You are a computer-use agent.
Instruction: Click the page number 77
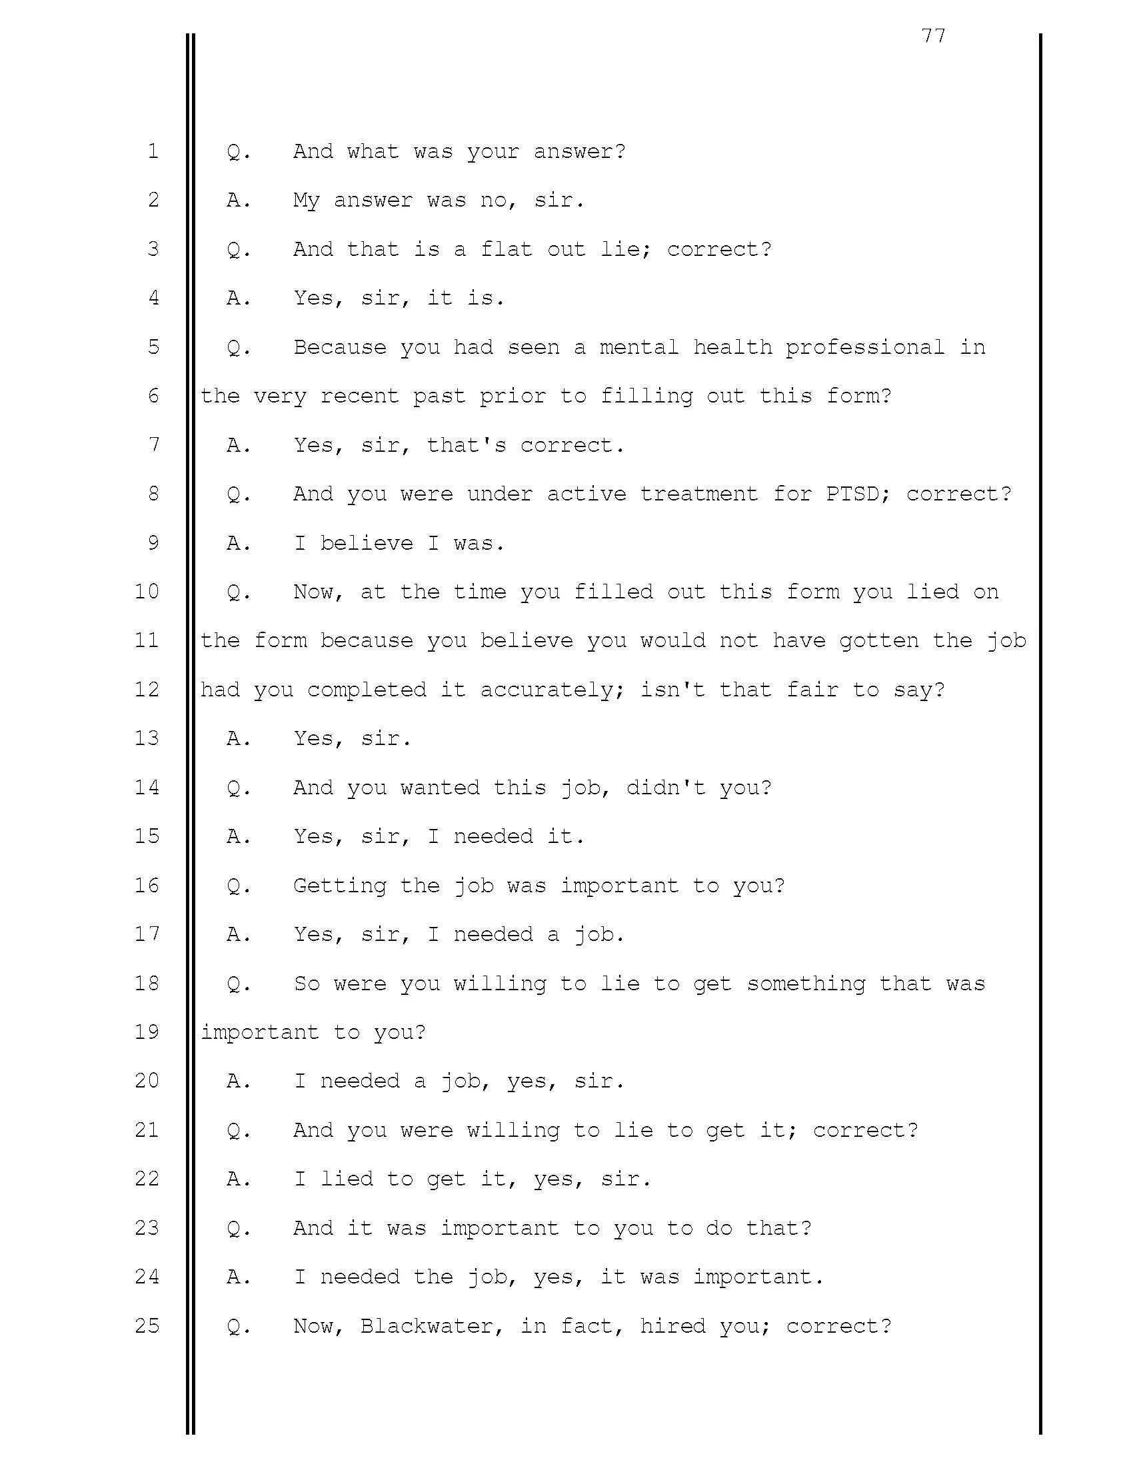click(x=934, y=35)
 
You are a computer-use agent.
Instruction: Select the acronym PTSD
click(x=851, y=494)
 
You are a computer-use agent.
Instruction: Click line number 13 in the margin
click(x=147, y=738)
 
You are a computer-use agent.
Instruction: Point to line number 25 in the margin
click(x=147, y=1325)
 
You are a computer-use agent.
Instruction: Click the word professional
click(x=864, y=347)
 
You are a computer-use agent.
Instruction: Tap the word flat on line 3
click(x=507, y=249)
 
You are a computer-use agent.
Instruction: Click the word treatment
click(x=698, y=494)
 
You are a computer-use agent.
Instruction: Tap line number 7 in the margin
click(x=154, y=444)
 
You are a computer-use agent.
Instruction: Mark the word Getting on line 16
click(x=340, y=886)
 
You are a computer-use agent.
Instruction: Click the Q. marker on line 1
click(x=239, y=152)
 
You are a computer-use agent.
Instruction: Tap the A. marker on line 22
click(x=239, y=1179)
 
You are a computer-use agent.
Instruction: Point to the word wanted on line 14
click(x=440, y=788)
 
